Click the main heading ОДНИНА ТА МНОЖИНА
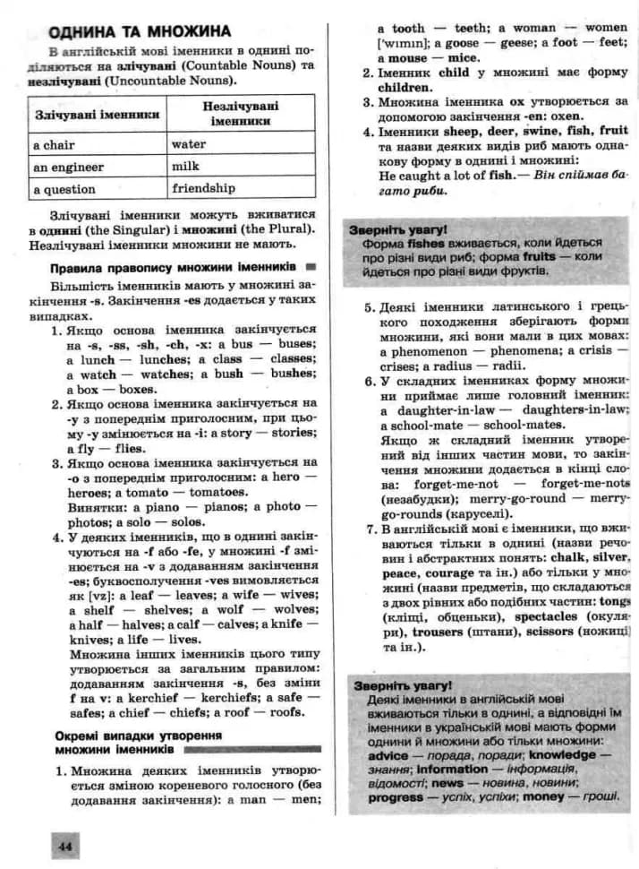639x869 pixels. (x=140, y=31)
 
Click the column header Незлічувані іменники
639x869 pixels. (x=242, y=113)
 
